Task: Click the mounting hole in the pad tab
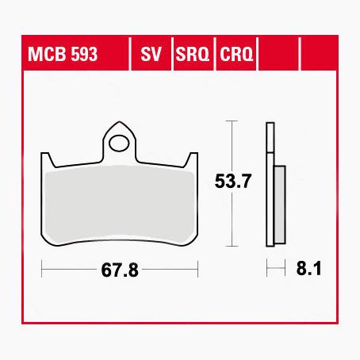tap(121, 144)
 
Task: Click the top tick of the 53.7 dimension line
tap(229, 121)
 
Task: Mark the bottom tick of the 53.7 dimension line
tap(229, 246)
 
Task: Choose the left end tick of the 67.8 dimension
tap(41, 270)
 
